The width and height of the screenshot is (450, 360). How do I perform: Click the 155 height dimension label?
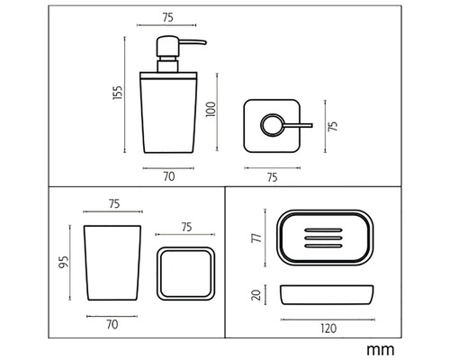pyautogui.click(x=118, y=93)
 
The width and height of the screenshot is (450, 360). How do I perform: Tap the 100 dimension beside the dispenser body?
pyautogui.click(x=211, y=110)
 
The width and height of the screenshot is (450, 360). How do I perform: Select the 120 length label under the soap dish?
pyautogui.click(x=328, y=328)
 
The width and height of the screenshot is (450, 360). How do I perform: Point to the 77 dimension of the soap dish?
pyautogui.click(x=257, y=238)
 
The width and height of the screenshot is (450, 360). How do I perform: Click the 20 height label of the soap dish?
pyautogui.click(x=256, y=294)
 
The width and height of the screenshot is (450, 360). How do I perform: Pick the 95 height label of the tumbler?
pyautogui.click(x=64, y=262)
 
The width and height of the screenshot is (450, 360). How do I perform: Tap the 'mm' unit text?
pyautogui.click(x=381, y=350)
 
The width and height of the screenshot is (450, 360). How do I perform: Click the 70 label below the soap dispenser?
pyautogui.click(x=169, y=176)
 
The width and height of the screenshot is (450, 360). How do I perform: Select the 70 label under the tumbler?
pyautogui.click(x=112, y=325)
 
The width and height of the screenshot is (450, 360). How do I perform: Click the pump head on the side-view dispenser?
pyautogui.click(x=167, y=46)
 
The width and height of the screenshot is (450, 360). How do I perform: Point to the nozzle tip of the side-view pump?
pyautogui.click(x=205, y=43)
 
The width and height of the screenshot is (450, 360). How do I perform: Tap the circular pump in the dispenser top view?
pyautogui.click(x=273, y=125)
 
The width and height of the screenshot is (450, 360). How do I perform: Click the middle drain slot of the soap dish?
pyautogui.click(x=323, y=238)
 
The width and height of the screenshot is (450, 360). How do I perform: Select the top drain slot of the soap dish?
pyautogui.click(x=323, y=230)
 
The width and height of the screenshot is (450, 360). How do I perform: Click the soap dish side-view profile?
pyautogui.click(x=327, y=295)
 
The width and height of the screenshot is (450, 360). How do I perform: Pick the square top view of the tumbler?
pyautogui.click(x=185, y=274)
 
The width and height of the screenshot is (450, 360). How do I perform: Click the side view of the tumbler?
pyautogui.click(x=112, y=263)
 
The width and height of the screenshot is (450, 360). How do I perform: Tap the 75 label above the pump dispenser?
pyautogui.click(x=168, y=17)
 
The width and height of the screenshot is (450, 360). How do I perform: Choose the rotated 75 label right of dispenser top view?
pyautogui.click(x=333, y=126)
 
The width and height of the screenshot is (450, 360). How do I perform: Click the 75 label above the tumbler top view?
pyautogui.click(x=186, y=227)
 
